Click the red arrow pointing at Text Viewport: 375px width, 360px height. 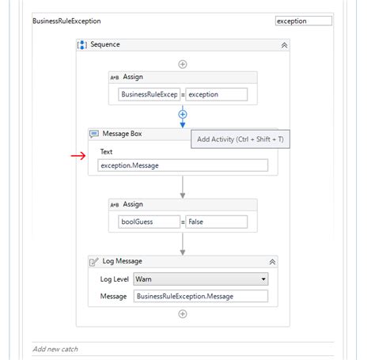[78, 156]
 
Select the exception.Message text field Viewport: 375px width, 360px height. [183, 165]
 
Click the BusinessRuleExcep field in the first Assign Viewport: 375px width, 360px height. [148, 95]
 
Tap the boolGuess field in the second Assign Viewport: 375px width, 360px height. [148, 222]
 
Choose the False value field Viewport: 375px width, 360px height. [216, 222]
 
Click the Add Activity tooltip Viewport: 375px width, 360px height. [241, 139]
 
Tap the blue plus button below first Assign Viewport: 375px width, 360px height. [183, 115]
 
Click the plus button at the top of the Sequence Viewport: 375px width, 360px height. [183, 63]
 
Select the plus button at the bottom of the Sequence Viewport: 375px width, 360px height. [183, 314]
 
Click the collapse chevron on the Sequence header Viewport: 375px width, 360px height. [284, 46]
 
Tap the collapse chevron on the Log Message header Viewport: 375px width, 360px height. [272, 261]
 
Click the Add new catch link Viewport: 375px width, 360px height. [55, 349]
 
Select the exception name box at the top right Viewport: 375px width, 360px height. [303, 21]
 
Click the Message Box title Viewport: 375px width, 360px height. [122, 134]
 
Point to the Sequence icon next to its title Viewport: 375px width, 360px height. [82, 46]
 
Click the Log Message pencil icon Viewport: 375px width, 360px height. [94, 261]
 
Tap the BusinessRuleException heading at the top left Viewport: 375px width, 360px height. [66, 21]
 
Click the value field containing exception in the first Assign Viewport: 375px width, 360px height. [216, 95]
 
